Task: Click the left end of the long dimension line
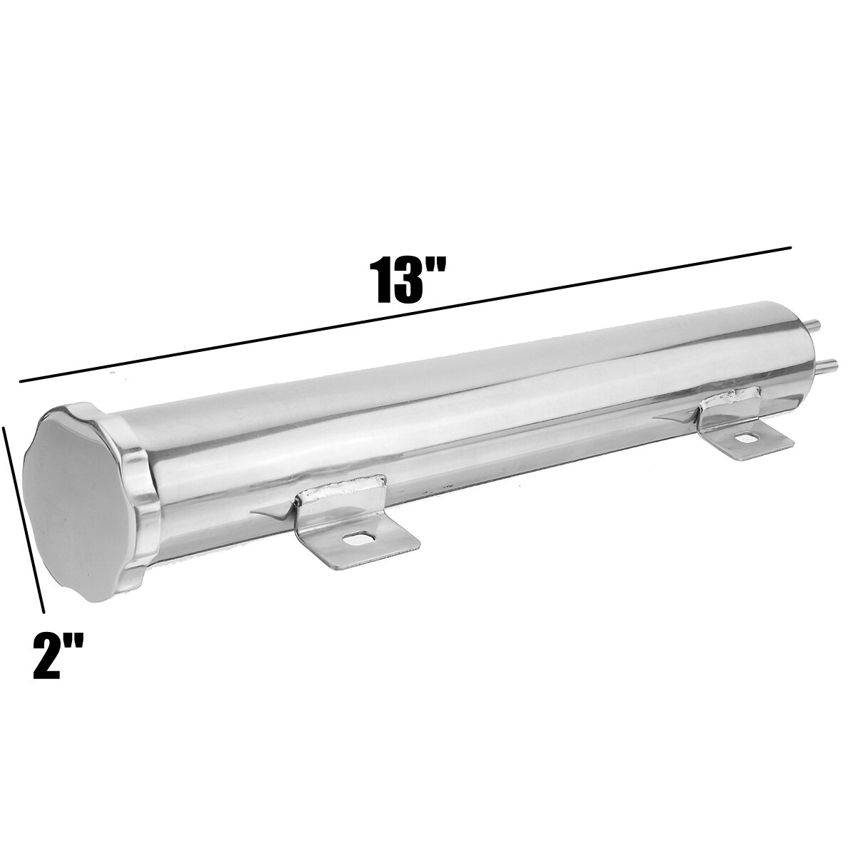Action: pos(21,382)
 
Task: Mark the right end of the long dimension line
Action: pos(791,248)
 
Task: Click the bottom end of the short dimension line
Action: pos(43,611)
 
